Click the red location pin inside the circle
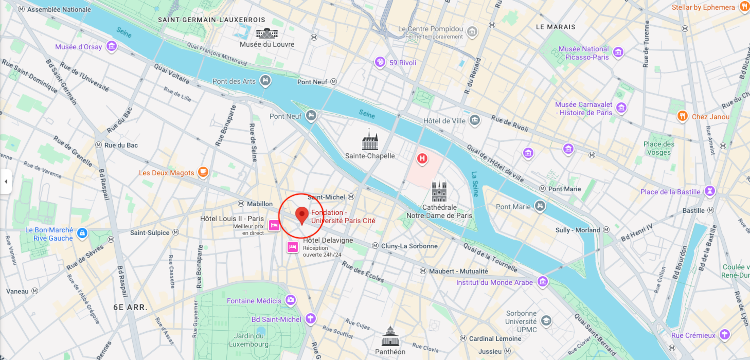tap(301, 215)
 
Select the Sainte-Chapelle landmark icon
tap(371, 142)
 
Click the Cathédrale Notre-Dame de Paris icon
tap(439, 191)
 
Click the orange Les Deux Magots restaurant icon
tap(202, 172)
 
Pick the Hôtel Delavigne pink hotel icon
tap(292, 246)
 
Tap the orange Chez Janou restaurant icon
tap(683, 116)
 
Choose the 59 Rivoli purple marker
tap(380, 63)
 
